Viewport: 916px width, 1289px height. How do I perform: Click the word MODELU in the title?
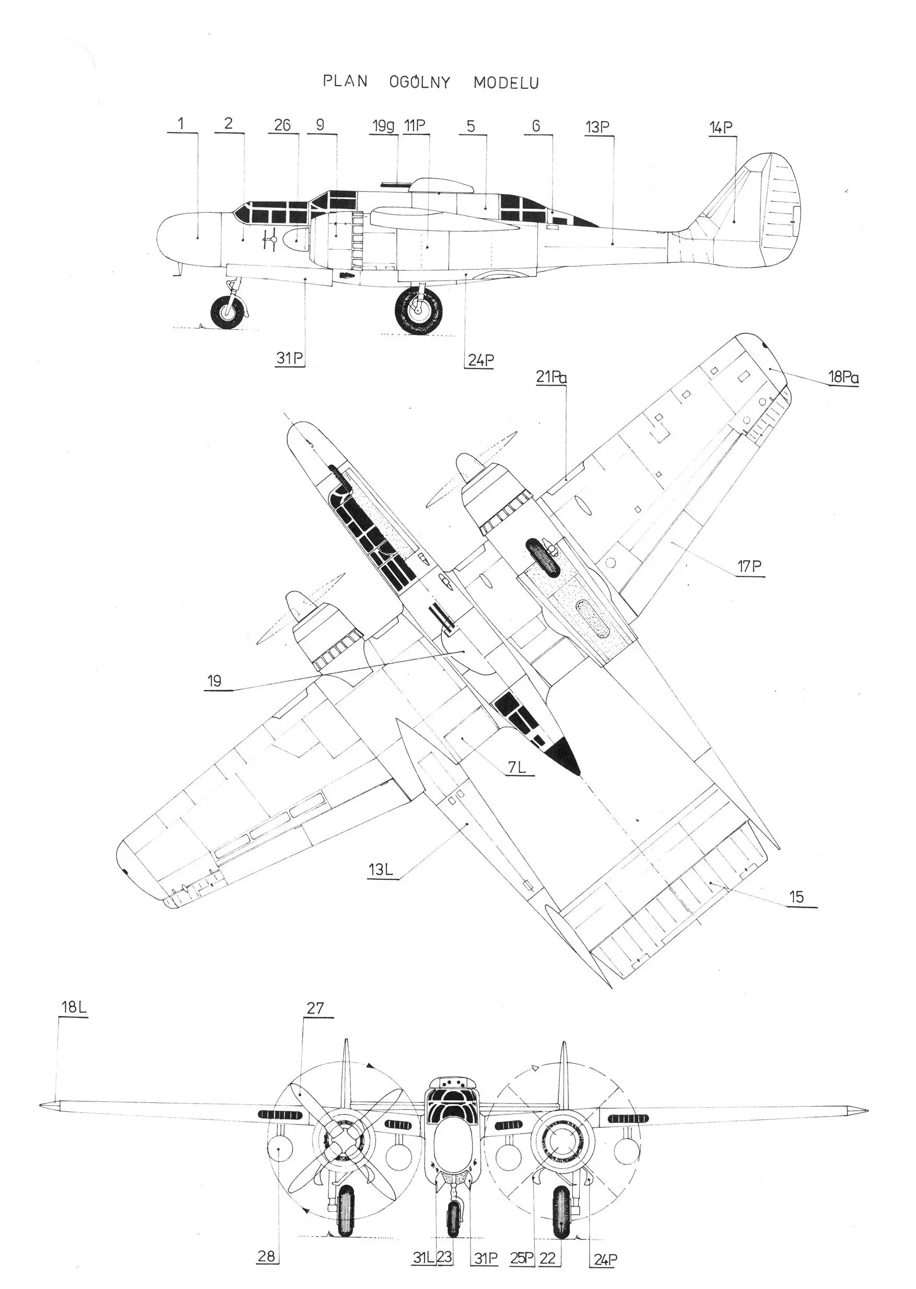pos(506,83)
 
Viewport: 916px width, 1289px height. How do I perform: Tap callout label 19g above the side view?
pos(383,126)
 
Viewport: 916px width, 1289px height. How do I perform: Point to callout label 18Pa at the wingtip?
pos(843,377)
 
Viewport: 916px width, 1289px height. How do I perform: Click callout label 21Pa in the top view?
pos(551,377)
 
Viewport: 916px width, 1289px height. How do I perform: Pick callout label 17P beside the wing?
pos(749,566)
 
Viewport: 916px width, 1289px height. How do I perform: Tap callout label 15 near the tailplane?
pos(796,897)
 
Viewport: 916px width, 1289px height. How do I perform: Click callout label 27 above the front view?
pos(316,1007)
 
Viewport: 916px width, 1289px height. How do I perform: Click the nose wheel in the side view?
pos(229,312)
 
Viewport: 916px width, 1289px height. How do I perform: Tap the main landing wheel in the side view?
pos(418,310)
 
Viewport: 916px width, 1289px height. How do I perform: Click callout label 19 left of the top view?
pos(214,681)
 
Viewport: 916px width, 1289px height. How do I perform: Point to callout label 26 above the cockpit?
pos(283,125)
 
